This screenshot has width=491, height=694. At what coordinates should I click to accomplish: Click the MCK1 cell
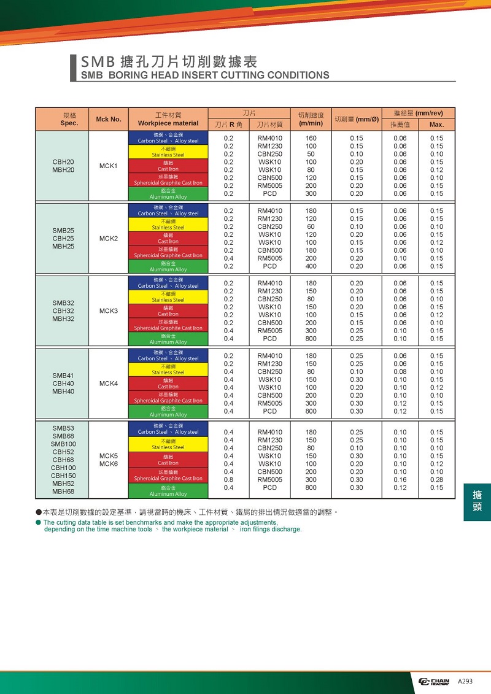coord(109,166)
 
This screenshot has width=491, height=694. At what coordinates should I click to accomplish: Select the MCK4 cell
coord(109,384)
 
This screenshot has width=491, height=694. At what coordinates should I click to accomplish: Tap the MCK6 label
coord(109,463)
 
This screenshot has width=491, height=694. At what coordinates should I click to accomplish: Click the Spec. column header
coord(69,123)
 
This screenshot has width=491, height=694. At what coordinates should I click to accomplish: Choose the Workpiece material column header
coord(168,123)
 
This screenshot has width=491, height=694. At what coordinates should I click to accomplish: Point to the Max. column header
coord(436,125)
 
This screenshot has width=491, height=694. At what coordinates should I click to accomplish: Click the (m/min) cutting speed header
coord(311,123)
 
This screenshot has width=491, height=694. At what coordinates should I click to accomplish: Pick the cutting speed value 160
coord(311,139)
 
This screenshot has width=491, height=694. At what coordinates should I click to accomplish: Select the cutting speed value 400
coord(311,266)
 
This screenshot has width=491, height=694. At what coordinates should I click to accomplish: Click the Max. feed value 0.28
coord(436,480)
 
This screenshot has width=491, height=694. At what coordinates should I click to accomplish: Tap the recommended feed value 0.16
coord(400,480)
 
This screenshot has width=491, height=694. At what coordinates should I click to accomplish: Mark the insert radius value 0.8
coord(228,480)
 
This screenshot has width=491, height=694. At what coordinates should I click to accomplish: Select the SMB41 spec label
coord(63,376)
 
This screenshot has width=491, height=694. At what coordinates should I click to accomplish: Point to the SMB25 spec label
coord(63,231)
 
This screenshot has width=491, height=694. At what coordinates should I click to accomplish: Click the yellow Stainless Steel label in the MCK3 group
coord(168,297)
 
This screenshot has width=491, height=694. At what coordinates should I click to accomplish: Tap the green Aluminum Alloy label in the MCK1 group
coord(168,194)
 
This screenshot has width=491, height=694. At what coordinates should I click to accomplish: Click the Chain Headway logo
coord(435,682)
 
